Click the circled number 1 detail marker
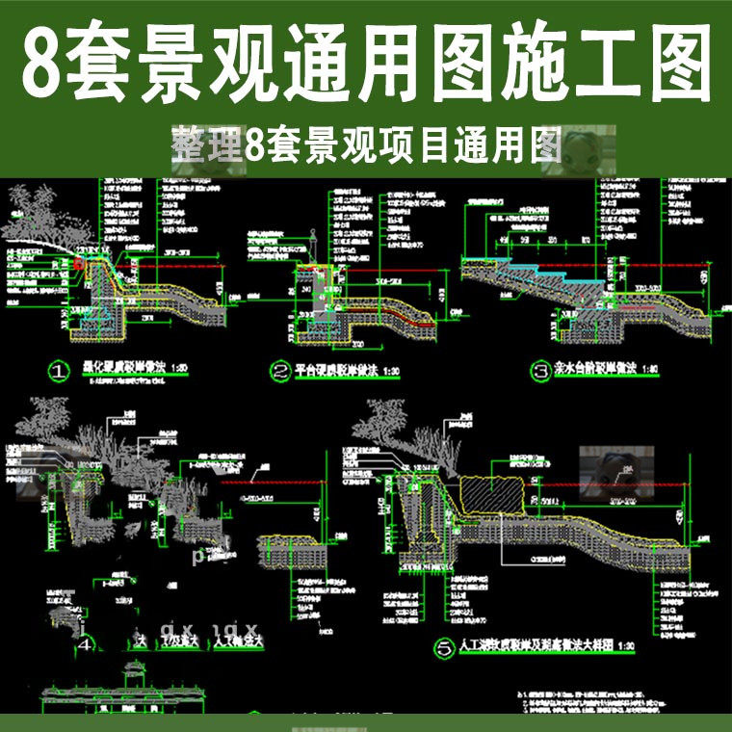tap(61, 370)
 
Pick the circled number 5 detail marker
tap(444, 650)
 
